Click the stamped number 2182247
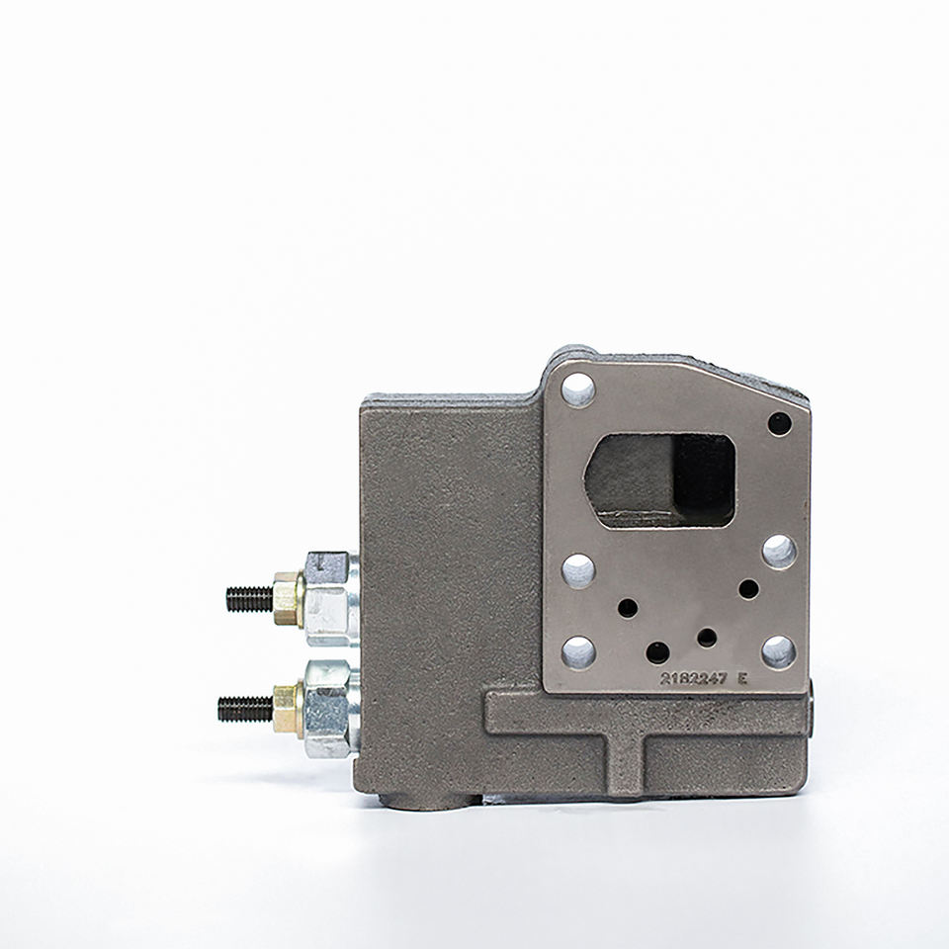pyautogui.click(x=693, y=678)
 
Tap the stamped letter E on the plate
pyautogui.click(x=742, y=678)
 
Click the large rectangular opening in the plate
pyautogui.click(x=659, y=480)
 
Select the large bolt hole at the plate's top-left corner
pyautogui.click(x=578, y=389)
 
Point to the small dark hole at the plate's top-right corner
pyautogui.click(x=780, y=424)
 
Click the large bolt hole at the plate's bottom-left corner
pyautogui.click(x=578, y=652)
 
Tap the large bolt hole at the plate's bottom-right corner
pyautogui.click(x=778, y=651)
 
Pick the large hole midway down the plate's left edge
pyautogui.click(x=578, y=570)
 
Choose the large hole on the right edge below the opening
pyautogui.click(x=780, y=552)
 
